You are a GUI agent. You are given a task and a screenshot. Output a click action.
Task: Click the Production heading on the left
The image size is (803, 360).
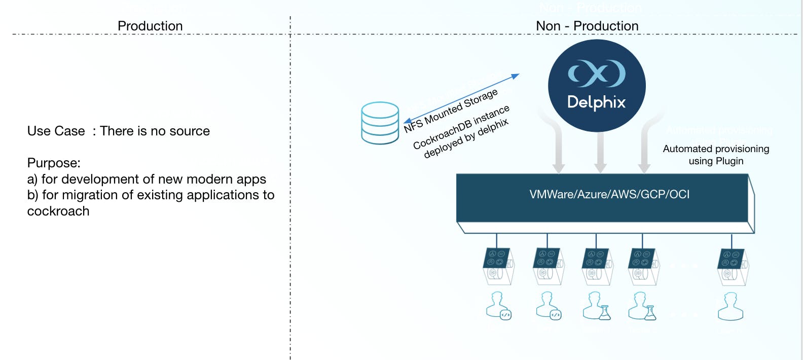point(150,26)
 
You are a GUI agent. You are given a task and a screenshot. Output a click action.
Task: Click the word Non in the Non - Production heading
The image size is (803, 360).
point(548,26)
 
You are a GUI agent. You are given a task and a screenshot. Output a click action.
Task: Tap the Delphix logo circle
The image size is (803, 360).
point(597,86)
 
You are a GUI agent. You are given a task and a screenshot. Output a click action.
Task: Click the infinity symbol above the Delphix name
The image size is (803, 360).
point(597,73)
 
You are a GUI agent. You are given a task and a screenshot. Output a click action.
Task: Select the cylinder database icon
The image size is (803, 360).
point(380,123)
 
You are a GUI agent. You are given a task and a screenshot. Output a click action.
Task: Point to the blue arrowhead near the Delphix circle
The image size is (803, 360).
point(515,77)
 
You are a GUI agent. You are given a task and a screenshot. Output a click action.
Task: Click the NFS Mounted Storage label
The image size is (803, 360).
point(451,111)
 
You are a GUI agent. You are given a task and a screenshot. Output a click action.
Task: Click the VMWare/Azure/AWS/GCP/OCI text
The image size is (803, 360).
point(609,194)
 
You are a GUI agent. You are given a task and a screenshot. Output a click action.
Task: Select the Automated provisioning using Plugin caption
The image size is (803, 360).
point(716,155)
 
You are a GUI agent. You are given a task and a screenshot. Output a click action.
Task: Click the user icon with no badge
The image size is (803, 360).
point(731,306)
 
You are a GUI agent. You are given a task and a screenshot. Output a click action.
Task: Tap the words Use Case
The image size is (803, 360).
point(56,131)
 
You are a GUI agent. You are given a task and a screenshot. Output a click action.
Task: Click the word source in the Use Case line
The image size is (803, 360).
point(190,131)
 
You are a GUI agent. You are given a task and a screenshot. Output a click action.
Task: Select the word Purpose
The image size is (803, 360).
point(54,163)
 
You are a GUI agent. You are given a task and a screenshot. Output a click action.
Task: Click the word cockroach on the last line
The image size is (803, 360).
point(58,211)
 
